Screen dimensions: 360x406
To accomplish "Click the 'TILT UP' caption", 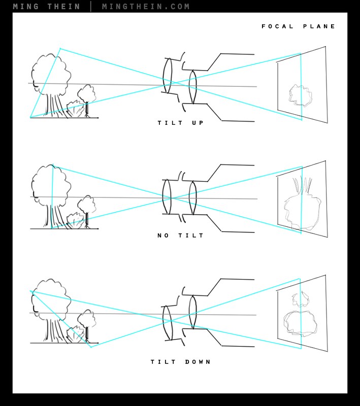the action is pyautogui.click(x=181, y=123).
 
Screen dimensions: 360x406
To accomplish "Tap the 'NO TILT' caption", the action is pyautogui.click(x=181, y=235).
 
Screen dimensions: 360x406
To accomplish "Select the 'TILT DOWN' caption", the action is pyautogui.click(x=181, y=362).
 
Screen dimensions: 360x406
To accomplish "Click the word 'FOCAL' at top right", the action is pyautogui.click(x=277, y=26).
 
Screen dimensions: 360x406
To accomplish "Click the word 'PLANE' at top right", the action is pyautogui.click(x=319, y=26).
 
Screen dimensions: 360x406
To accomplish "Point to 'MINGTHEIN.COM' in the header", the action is pyautogui.click(x=146, y=7).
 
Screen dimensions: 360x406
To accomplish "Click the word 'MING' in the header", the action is pyautogui.click(x=26, y=7).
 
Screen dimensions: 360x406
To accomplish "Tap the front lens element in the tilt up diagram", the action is pyautogui.click(x=168, y=75).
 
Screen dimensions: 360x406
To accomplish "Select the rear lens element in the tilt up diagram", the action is pyautogui.click(x=192, y=87).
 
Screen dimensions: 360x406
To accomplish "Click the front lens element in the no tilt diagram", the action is pyautogui.click(x=167, y=197).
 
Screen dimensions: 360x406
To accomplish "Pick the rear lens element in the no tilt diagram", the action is pyautogui.click(x=192, y=198).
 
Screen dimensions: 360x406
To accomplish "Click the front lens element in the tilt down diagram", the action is pyautogui.click(x=168, y=323).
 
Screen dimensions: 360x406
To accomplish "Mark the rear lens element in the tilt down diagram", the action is pyautogui.click(x=192, y=312).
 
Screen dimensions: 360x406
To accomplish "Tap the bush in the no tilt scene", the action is pyautogui.click(x=75, y=221).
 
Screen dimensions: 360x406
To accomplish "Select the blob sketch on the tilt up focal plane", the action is pyautogui.click(x=301, y=95).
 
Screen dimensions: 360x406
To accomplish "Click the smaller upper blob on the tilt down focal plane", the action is pyautogui.click(x=301, y=299).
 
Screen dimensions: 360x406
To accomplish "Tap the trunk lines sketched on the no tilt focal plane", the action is pyautogui.click(x=302, y=185).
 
